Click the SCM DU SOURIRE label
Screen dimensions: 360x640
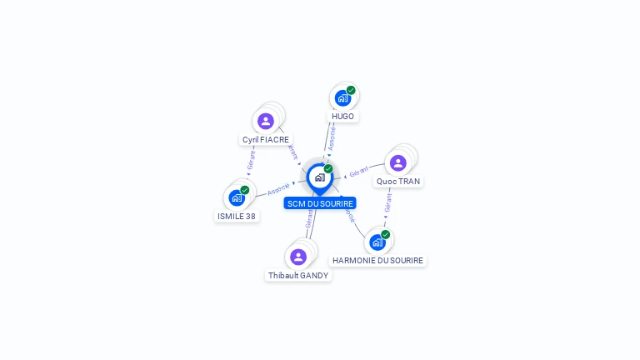pyautogui.click(x=319, y=203)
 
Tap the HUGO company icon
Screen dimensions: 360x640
pyautogui.click(x=342, y=98)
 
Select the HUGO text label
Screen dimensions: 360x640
pyautogui.click(x=342, y=117)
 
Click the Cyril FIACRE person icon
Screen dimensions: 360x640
pyautogui.click(x=266, y=122)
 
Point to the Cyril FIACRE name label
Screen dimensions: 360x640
pyautogui.click(x=266, y=140)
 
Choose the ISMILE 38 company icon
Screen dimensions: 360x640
pyautogui.click(x=237, y=198)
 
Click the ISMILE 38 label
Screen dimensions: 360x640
pyautogui.click(x=237, y=217)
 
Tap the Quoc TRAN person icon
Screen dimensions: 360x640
pyautogui.click(x=398, y=162)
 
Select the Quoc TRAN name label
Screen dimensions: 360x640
pyautogui.click(x=398, y=181)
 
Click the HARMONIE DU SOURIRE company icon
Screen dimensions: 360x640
pyautogui.click(x=377, y=242)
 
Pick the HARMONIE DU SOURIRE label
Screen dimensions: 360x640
pyautogui.click(x=377, y=261)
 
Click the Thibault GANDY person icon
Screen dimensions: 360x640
pyautogui.click(x=298, y=257)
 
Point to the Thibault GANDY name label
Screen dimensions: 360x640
pyautogui.click(x=298, y=275)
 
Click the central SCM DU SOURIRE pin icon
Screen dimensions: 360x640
pyautogui.click(x=319, y=177)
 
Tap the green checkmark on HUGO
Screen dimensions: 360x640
pyautogui.click(x=351, y=90)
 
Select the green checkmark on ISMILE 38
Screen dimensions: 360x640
pyautogui.click(x=245, y=190)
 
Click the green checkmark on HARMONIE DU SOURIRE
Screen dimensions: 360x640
pyautogui.click(x=386, y=234)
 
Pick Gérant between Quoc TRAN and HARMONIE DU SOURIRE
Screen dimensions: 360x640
pyautogui.click(x=387, y=202)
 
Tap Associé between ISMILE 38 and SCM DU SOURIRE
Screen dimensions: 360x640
pyautogui.click(x=278, y=189)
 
